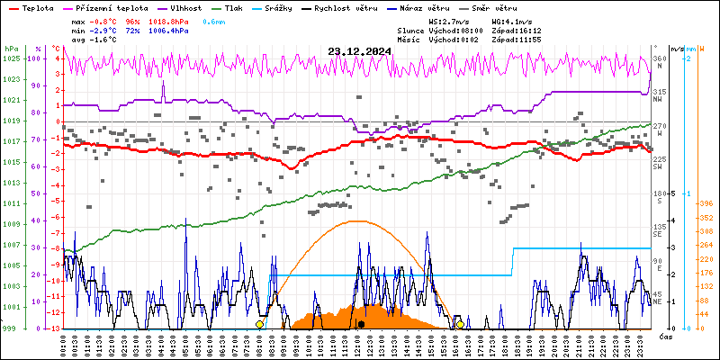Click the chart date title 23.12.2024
pos(359,51)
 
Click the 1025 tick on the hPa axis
pos(11,58)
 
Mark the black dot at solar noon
pos(361,324)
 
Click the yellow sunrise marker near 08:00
pos(259,324)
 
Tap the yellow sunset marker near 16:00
pos(460,324)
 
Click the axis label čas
pos(667,337)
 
